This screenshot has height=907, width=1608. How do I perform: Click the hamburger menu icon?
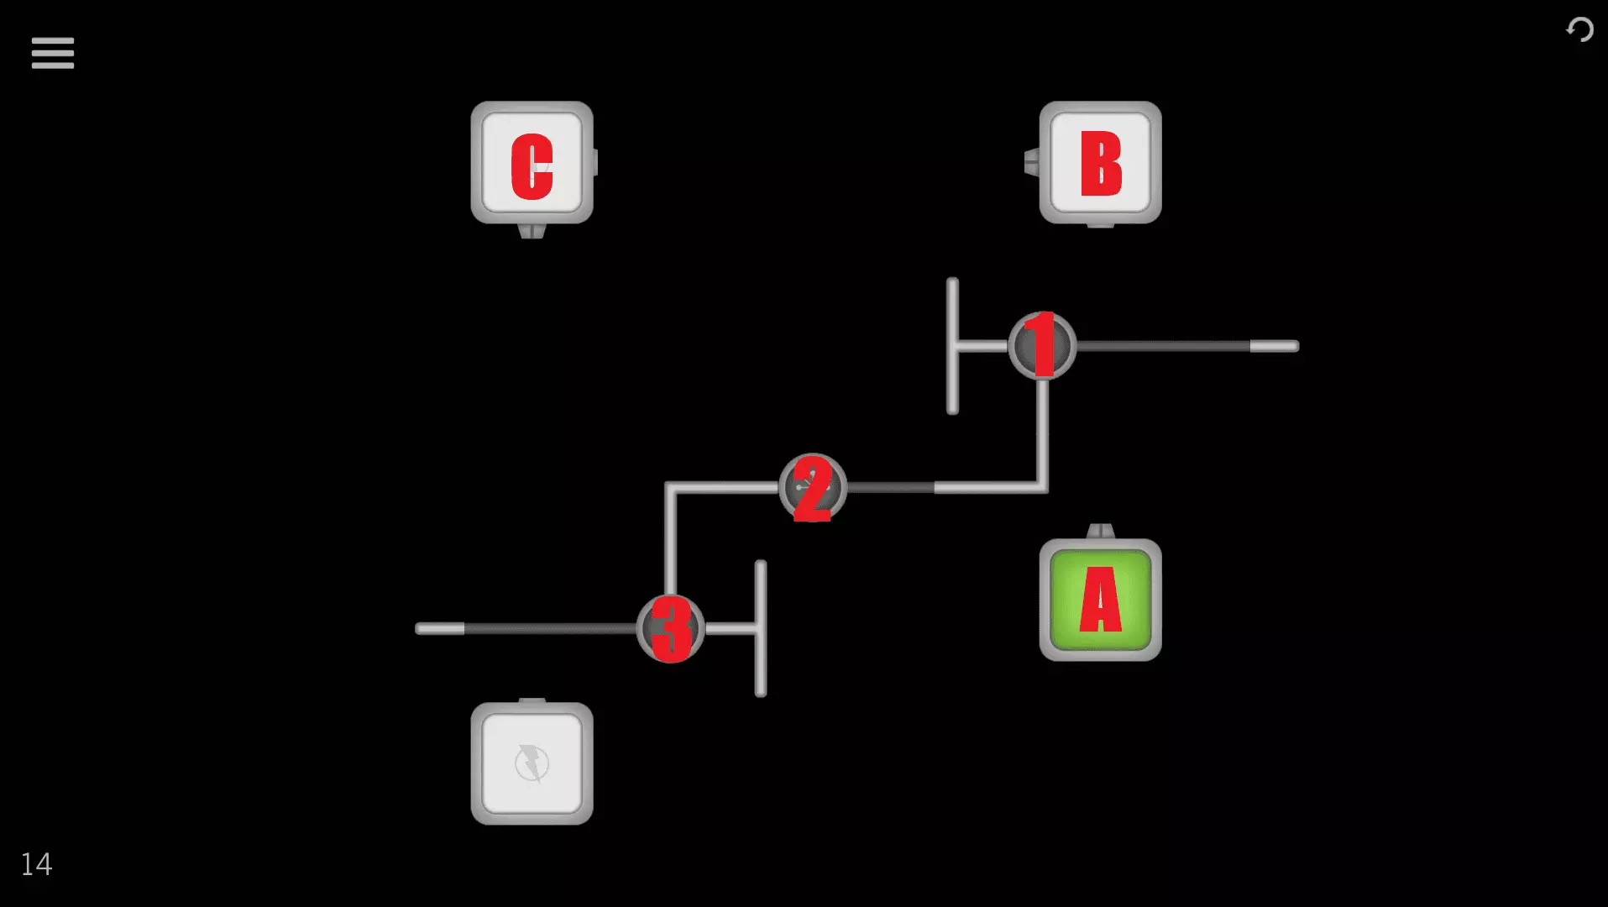tap(53, 53)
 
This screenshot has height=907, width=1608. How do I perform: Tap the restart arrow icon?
tap(1579, 30)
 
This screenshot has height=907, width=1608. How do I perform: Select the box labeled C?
tap(532, 163)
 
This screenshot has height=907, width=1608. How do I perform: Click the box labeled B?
tap(1100, 163)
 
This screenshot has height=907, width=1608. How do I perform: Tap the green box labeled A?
tap(1100, 600)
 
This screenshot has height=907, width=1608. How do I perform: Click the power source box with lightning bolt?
tap(532, 763)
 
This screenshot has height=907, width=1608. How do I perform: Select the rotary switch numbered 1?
tap(1042, 346)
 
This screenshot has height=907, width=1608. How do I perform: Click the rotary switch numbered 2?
tap(812, 488)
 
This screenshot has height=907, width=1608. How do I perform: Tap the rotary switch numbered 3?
tap(670, 628)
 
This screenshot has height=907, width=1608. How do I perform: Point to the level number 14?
tap(36, 864)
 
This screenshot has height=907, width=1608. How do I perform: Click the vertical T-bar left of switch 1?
tap(952, 346)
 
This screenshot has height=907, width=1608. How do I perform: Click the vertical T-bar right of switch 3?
tap(761, 628)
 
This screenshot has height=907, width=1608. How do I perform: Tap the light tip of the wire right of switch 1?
tap(1274, 346)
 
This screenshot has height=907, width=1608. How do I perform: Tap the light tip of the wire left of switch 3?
tap(440, 628)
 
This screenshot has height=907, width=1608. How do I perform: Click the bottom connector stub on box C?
tap(532, 230)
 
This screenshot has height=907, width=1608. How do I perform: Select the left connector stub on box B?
tap(1032, 162)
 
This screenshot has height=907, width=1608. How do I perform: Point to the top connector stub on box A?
tap(1100, 531)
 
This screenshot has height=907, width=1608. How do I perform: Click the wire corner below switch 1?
tap(1041, 486)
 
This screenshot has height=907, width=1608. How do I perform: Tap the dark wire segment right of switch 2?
tap(890, 488)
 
